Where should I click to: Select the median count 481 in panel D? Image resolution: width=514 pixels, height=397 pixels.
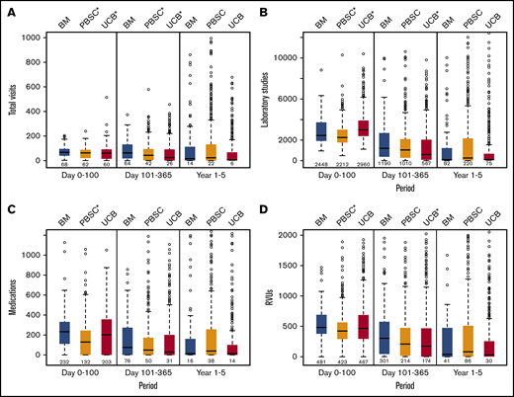point(321,362)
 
